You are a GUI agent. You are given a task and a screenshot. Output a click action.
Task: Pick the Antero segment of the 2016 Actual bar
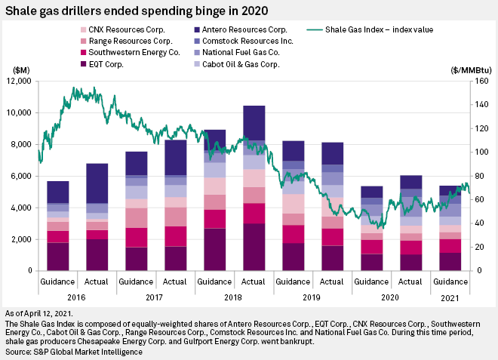97,183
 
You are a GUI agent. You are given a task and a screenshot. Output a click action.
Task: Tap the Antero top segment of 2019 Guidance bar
294,151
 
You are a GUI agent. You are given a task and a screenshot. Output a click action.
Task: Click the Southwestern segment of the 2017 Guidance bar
137,238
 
